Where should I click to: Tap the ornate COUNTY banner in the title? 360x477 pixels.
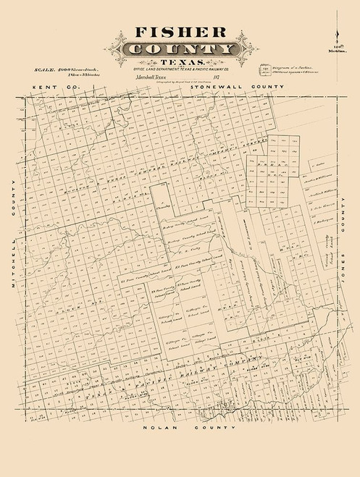pyautogui.click(x=179, y=49)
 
